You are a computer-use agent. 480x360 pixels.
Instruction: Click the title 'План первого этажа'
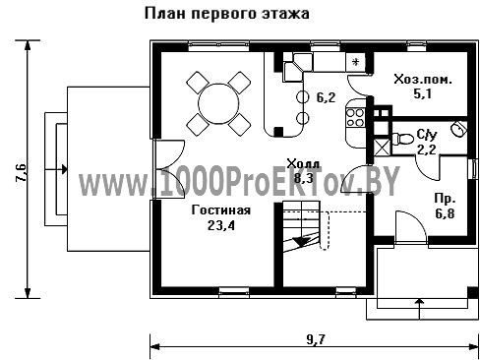[x=227, y=14]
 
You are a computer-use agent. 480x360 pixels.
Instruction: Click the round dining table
[x=218, y=103]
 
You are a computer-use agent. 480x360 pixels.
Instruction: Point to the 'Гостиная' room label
[x=221, y=210]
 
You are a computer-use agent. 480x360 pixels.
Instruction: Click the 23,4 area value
[x=221, y=225]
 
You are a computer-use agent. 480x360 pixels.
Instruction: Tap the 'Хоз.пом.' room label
[x=423, y=80]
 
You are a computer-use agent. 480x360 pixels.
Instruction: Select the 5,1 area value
[x=422, y=94]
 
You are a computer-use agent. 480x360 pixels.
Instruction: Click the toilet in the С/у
[x=402, y=139]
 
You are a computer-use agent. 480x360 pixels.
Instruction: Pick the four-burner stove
[x=355, y=117]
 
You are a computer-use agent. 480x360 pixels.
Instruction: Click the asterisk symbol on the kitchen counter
[x=355, y=62]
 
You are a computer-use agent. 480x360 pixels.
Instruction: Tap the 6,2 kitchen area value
[x=326, y=97]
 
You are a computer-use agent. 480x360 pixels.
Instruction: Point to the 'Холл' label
[x=302, y=163]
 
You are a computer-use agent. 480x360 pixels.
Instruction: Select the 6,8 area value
[x=445, y=214]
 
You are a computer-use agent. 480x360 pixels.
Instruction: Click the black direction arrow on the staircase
[x=302, y=241]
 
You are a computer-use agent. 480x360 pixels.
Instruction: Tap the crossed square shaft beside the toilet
[x=382, y=147]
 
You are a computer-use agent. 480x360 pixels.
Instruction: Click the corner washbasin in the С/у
[x=458, y=128]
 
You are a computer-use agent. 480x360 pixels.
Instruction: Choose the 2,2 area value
[x=426, y=150]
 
